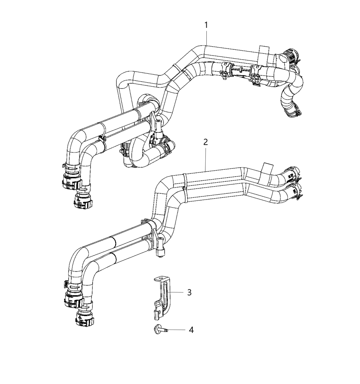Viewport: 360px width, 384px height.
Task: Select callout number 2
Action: pos(205,142)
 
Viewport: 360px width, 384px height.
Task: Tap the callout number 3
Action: pos(189,292)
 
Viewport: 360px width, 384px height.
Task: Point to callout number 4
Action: pos(191,330)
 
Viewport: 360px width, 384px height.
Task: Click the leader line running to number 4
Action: pos(177,330)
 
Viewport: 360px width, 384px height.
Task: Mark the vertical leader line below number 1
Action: pos(206,38)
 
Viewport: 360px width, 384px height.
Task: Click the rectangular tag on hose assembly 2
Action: pos(267,168)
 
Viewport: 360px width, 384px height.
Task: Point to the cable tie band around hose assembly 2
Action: pos(185,187)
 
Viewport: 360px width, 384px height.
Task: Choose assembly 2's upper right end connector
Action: pos(292,173)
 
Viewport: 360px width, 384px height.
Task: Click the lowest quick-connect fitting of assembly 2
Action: pos(84,317)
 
